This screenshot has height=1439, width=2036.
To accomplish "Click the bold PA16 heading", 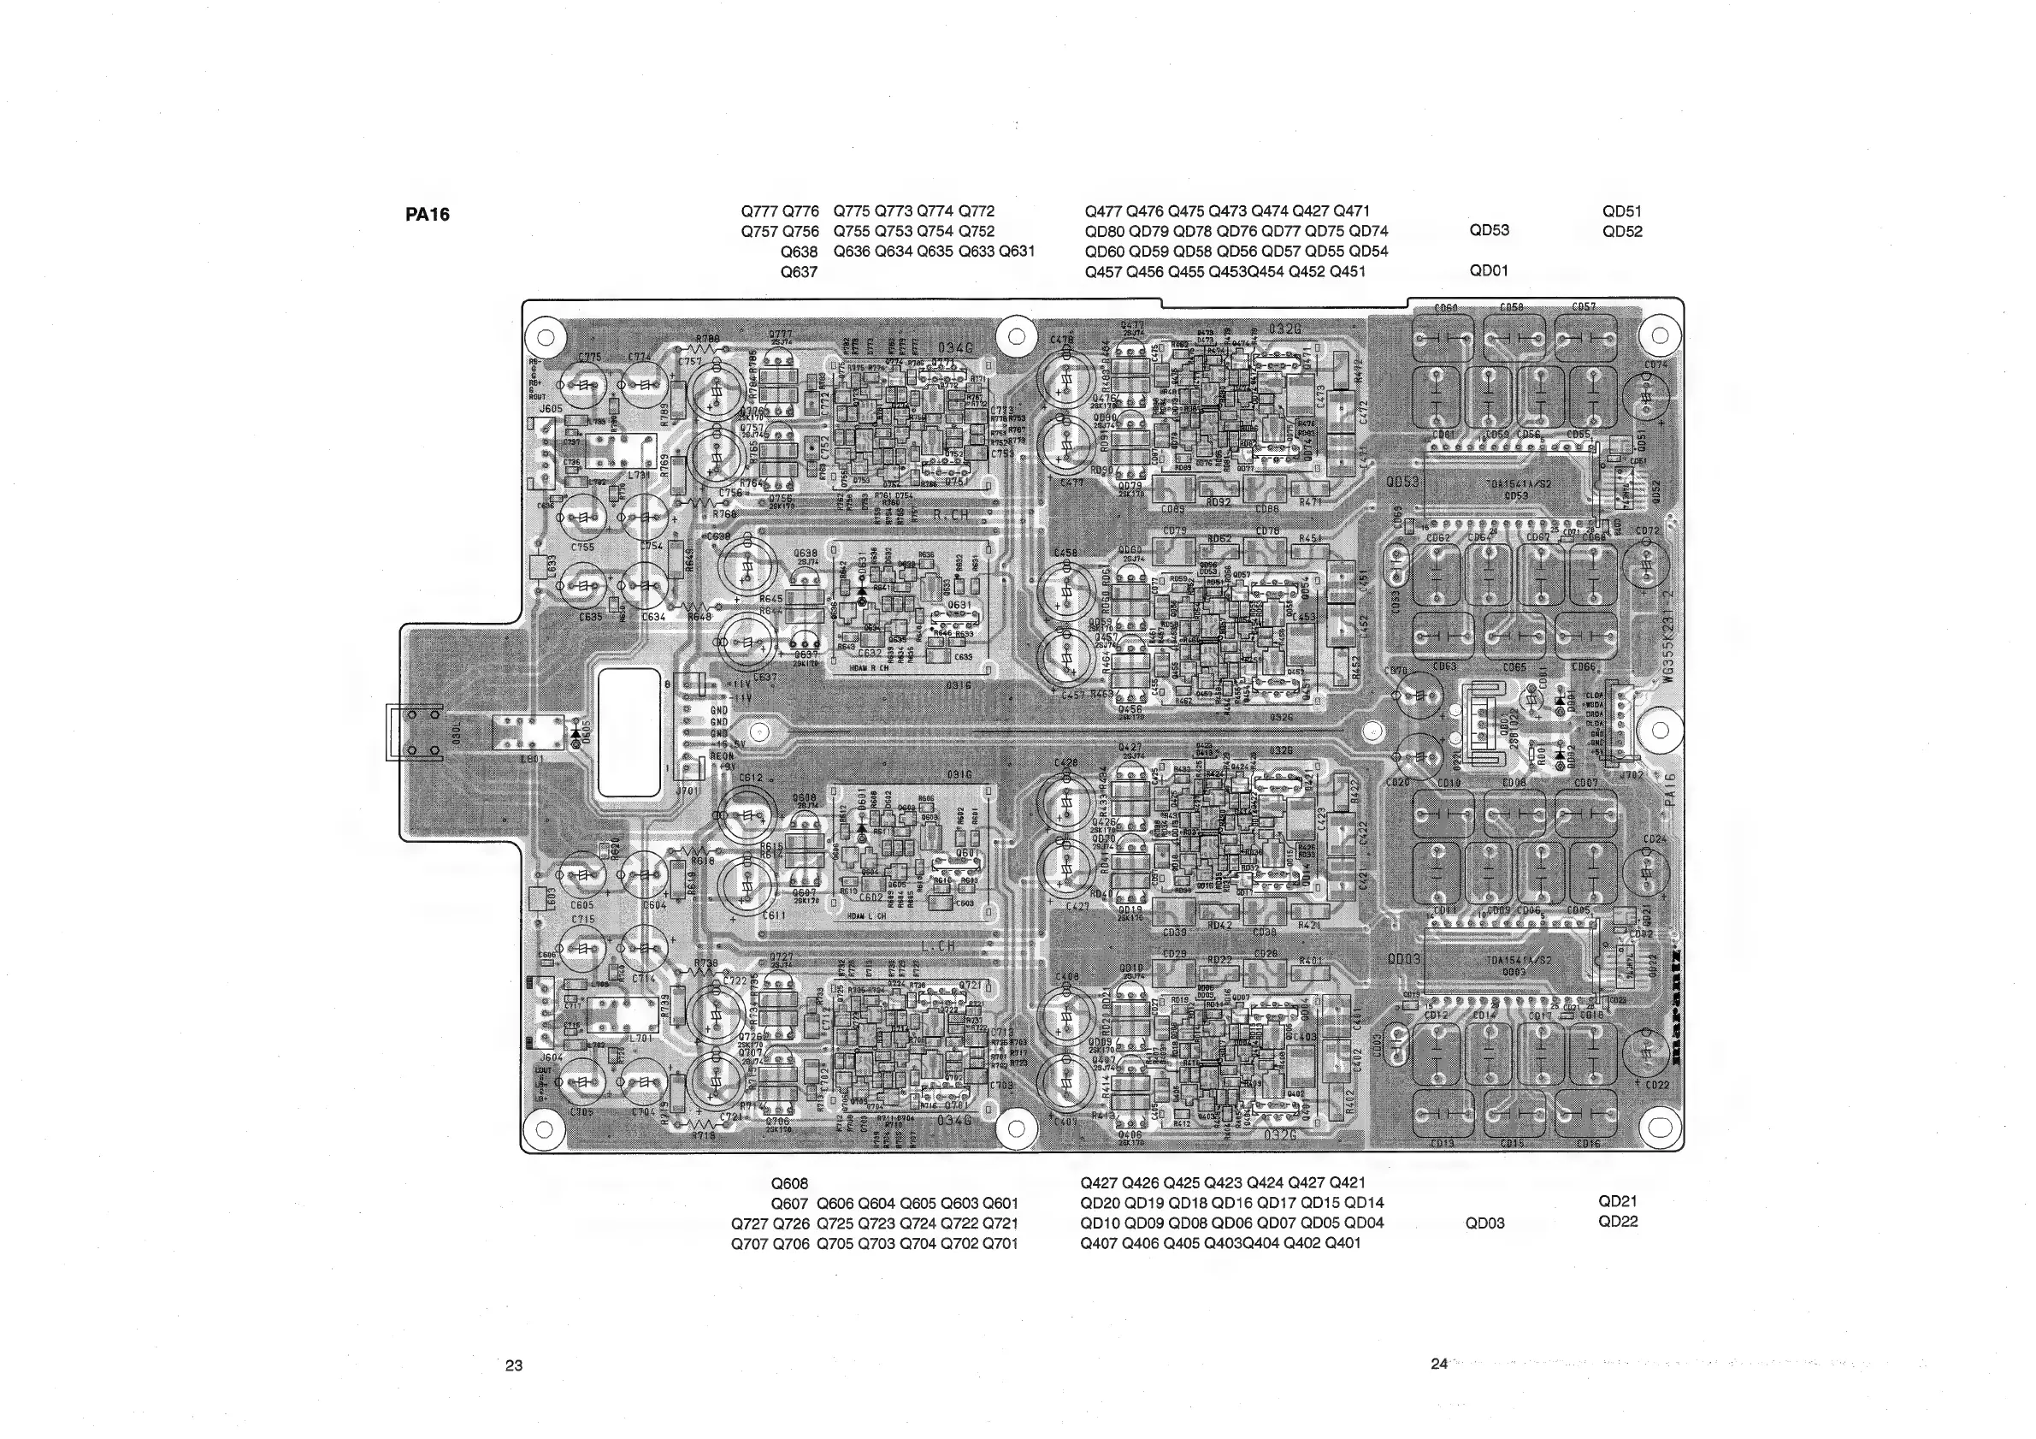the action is click(428, 215).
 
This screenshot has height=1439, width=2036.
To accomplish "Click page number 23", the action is click(513, 1365).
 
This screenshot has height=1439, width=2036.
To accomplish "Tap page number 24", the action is click(1438, 1364).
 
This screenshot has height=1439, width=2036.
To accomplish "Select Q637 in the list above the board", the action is click(798, 272).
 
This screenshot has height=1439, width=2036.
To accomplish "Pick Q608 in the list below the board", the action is click(789, 1183).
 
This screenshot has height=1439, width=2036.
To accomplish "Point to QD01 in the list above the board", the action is click(1489, 270).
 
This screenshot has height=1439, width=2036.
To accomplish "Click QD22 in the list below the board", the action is click(1618, 1222).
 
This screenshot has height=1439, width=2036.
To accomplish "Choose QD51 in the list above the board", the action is click(1622, 212).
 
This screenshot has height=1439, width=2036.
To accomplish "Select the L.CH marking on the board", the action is click(937, 946).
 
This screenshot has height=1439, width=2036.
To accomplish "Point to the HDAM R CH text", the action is click(868, 668).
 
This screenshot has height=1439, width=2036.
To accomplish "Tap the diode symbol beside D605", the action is click(577, 733).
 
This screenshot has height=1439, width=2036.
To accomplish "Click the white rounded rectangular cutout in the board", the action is click(629, 732).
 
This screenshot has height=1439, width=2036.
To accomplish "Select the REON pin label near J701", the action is click(720, 756).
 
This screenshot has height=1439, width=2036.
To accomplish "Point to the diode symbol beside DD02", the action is click(1559, 754).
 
